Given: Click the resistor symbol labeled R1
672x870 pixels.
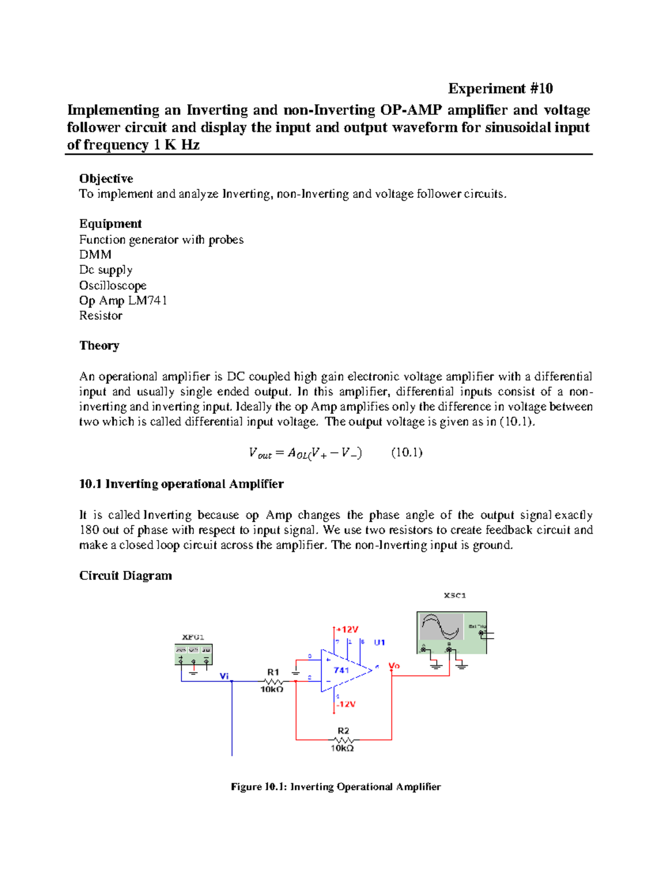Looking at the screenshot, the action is [x=273, y=681].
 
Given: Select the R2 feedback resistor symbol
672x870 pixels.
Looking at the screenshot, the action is [x=343, y=740].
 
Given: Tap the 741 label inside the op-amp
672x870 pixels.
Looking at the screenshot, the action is [x=341, y=670].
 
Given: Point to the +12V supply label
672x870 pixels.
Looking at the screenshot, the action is [x=347, y=630].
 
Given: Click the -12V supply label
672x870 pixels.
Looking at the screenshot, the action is [x=346, y=704].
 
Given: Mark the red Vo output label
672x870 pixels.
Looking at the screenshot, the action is [x=394, y=666].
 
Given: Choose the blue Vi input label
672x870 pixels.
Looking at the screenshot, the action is [x=225, y=676].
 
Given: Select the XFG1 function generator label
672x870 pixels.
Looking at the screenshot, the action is [x=193, y=637].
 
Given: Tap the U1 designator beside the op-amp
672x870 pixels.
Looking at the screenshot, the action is [x=380, y=643].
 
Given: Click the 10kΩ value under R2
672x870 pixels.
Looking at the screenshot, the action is [x=342, y=748].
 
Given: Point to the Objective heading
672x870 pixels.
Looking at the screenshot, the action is [x=106, y=179].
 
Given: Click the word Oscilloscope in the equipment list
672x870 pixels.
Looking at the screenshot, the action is [x=113, y=286].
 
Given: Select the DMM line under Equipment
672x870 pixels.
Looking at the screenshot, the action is [x=95, y=255].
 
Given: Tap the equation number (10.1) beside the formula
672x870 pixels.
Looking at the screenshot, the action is [x=407, y=453].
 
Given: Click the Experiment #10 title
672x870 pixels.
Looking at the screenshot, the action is [x=500, y=89].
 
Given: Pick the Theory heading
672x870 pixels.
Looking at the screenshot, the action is [x=99, y=346].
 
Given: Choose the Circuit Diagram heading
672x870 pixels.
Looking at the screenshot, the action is [x=125, y=576].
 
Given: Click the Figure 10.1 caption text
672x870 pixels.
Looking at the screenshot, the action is [x=335, y=787].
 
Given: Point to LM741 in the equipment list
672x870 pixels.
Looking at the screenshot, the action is [x=147, y=301].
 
